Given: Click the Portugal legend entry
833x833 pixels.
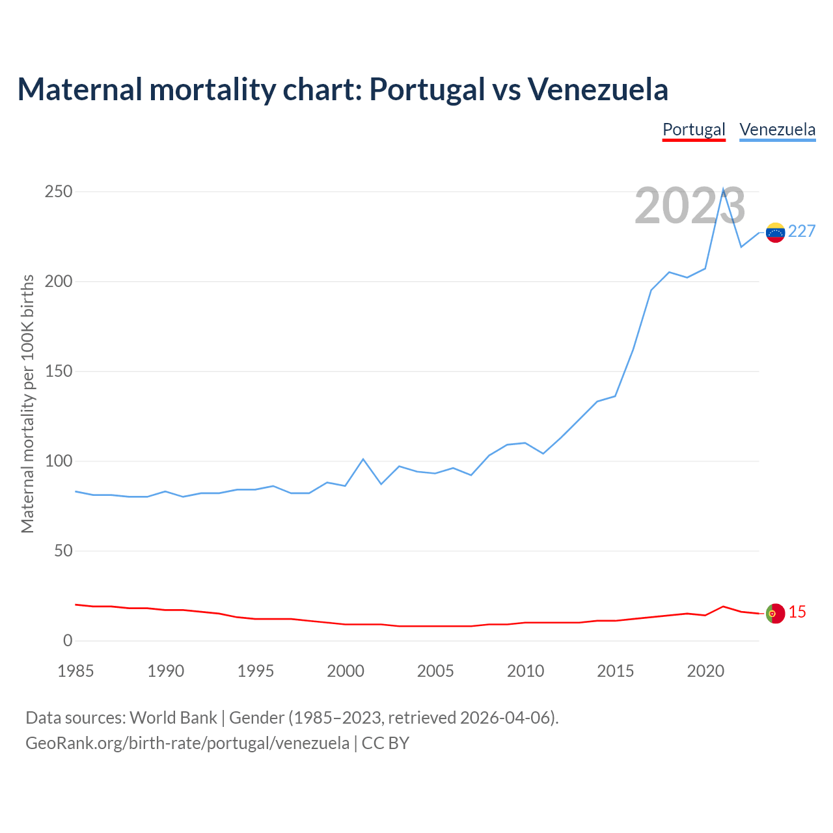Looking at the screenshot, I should [694, 130].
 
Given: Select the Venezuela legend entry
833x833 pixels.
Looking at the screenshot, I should [777, 130].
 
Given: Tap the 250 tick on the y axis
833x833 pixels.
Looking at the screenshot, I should [59, 192].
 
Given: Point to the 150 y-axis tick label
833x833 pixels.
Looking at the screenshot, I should [59, 372].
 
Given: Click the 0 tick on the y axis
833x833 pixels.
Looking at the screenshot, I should [68, 641].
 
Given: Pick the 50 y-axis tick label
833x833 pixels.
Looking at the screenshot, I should [63, 551].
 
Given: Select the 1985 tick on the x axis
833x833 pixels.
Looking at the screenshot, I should [75, 671].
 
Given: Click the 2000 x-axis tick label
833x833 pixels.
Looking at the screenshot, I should [346, 671].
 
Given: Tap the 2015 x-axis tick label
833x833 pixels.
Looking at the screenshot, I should [616, 671].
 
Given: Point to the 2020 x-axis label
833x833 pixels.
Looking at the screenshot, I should [705, 671].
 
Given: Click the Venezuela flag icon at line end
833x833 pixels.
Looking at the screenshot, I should [775, 232].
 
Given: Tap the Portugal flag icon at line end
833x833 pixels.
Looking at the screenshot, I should [775, 613].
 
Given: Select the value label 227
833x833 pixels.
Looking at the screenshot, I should [802, 232].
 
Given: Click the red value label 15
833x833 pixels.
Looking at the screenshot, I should [797, 612].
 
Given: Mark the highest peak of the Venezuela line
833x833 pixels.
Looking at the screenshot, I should [723, 190].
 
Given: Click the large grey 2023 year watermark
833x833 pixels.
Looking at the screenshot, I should [690, 206].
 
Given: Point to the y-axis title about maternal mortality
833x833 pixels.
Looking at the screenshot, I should [27, 403].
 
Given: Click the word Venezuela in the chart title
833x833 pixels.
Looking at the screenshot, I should [597, 90].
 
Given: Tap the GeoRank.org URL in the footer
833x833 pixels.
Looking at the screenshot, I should [187, 743].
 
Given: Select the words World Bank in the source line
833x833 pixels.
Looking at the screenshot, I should [173, 718].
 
